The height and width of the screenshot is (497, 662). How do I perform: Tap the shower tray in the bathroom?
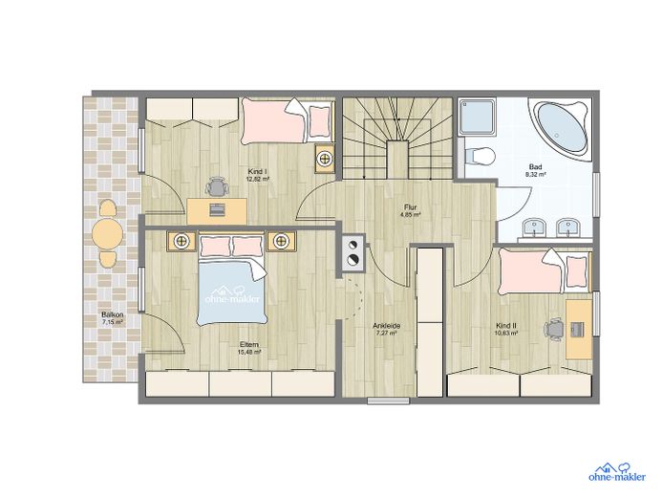478,116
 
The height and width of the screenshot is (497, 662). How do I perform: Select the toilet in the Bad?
480,156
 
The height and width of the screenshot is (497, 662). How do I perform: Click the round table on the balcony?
108,234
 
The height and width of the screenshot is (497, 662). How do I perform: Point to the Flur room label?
411,207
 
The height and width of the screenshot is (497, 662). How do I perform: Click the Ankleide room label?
386,326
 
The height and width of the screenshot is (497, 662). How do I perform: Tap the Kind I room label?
258,172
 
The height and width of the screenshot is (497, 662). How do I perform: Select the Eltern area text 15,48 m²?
249,352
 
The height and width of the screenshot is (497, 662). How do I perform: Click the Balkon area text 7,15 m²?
113,322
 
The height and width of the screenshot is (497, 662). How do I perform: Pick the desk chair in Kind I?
217,186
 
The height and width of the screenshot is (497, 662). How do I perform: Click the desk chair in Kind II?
555,329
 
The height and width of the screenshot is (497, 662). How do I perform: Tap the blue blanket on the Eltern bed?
232,292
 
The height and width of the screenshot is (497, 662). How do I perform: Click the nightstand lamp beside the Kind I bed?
326,160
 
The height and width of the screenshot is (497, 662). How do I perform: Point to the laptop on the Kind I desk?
217,209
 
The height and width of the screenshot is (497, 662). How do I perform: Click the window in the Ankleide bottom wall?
389,401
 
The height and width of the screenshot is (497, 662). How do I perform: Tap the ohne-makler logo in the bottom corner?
617,472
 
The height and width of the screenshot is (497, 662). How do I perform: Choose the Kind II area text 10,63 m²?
506,334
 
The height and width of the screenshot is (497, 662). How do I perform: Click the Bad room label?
536,167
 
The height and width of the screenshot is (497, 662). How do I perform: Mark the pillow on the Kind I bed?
319,120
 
